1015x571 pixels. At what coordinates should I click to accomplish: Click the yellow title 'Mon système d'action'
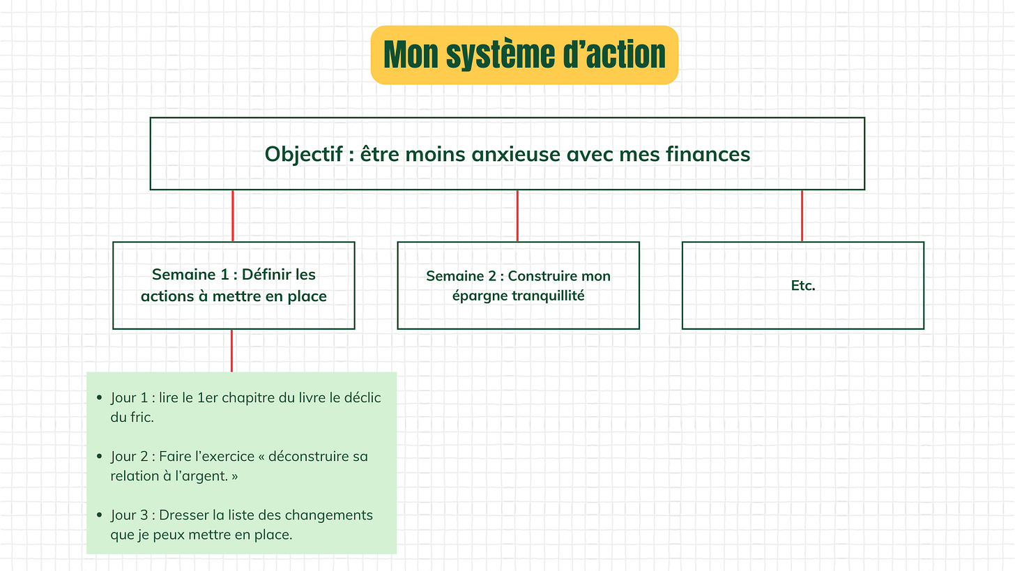pos(524,55)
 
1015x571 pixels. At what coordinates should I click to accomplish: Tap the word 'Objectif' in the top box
pos(304,154)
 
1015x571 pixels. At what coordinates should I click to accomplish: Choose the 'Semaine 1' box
pos(234,285)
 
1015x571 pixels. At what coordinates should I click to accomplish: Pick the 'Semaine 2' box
pos(518,285)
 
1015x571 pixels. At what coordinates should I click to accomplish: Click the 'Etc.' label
pos(803,286)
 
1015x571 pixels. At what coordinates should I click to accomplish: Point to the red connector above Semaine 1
pos(232,215)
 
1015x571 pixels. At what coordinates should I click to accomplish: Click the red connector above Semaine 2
pos(517,215)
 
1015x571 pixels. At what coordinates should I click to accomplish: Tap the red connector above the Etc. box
pos(802,215)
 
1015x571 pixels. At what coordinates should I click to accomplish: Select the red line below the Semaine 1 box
pos(231,351)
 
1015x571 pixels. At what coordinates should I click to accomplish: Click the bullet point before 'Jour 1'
pos(99,398)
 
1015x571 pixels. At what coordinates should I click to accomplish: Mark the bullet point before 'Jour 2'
pos(99,457)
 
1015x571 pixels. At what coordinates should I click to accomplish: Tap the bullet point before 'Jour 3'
pos(99,515)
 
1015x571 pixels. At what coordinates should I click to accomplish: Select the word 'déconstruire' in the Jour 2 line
pos(311,457)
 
